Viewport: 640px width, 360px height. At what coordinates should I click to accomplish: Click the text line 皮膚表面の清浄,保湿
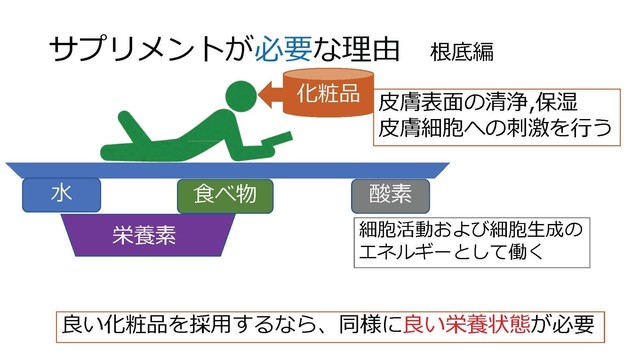click(x=478, y=103)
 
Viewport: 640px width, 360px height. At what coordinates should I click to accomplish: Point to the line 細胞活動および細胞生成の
click(x=470, y=230)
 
